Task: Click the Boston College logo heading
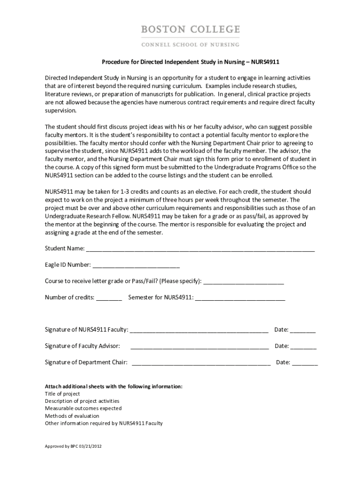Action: (x=190, y=30)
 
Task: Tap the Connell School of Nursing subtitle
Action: (x=190, y=44)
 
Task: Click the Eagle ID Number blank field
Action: (x=136, y=265)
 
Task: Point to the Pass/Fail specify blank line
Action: (x=244, y=282)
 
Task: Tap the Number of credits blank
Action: (x=109, y=298)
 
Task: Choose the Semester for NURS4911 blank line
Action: (x=240, y=298)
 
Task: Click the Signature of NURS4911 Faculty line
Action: (x=199, y=330)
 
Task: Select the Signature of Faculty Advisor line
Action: (x=200, y=347)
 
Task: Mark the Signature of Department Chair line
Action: (x=202, y=363)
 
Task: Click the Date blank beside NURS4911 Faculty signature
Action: (x=303, y=330)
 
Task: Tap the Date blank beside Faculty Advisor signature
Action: (x=303, y=347)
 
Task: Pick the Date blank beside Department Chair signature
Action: (x=305, y=363)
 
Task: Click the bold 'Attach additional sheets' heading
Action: (x=114, y=386)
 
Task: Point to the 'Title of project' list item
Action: (x=62, y=394)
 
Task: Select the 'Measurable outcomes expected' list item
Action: (x=83, y=408)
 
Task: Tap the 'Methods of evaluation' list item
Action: (x=72, y=416)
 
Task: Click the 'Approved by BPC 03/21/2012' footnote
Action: (x=73, y=446)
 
